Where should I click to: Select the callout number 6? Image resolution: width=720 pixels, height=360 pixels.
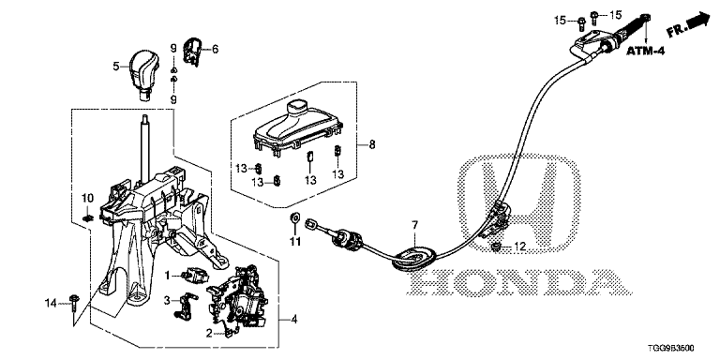[x=215, y=49]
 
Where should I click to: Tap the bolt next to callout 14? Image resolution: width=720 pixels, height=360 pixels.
[x=74, y=306]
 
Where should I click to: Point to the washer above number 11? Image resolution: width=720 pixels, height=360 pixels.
[x=294, y=216]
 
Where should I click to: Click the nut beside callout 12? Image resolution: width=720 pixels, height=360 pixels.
[x=496, y=247]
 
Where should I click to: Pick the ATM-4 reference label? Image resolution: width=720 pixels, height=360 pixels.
[x=646, y=51]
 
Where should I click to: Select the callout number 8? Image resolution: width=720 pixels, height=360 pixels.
[x=371, y=145]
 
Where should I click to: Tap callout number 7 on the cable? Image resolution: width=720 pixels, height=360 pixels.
[x=414, y=225]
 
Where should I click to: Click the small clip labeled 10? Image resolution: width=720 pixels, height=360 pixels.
[x=87, y=217]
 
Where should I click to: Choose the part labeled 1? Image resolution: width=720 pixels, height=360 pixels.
[x=194, y=275]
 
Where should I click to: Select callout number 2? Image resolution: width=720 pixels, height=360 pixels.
[x=209, y=334]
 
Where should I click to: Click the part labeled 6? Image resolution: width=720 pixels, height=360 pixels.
[x=192, y=52]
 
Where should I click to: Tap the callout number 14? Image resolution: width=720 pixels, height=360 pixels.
[x=52, y=303]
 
